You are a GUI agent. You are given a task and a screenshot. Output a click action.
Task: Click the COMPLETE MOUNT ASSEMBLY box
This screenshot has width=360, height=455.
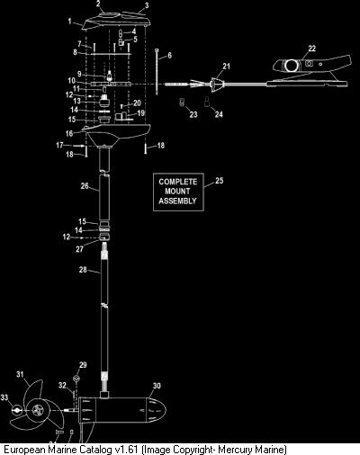click(x=178, y=192)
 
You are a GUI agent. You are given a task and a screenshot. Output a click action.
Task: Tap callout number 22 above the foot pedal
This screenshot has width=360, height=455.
click(x=312, y=49)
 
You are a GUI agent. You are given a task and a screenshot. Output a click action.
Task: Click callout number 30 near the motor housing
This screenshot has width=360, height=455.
click(x=157, y=386)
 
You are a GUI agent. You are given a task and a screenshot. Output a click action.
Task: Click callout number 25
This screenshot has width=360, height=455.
click(x=220, y=181)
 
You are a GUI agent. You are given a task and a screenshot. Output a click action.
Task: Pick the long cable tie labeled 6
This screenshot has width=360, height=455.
click(x=157, y=72)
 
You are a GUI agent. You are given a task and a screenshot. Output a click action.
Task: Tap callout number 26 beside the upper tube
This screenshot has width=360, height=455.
click(x=85, y=186)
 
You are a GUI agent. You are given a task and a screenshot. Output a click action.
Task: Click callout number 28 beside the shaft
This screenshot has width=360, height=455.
click(x=83, y=270)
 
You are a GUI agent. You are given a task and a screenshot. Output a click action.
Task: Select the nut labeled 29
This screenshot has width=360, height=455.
click(x=76, y=378)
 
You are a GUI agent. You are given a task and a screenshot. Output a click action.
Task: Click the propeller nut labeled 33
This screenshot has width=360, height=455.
click(x=16, y=410)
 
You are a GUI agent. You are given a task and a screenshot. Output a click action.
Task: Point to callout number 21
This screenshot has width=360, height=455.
click(x=226, y=66)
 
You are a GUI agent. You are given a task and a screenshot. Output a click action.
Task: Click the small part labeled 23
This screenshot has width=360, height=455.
click(x=182, y=102)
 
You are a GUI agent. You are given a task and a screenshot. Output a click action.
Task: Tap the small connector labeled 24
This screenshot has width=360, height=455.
click(x=207, y=102)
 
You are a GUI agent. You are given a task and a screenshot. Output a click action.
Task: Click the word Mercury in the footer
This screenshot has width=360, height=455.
click(x=234, y=450)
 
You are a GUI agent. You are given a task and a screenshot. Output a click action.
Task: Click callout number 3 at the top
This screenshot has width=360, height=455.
click(x=147, y=5)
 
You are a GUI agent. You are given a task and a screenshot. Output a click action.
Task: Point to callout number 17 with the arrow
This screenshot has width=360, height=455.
click(x=59, y=145)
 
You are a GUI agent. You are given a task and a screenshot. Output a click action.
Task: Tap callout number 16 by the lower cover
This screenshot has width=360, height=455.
click(x=69, y=133)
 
